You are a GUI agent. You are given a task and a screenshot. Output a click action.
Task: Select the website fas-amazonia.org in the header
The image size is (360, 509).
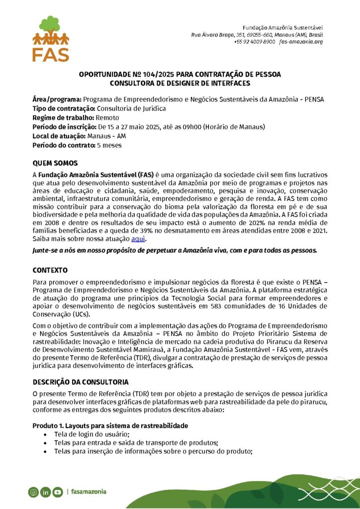click(x=301, y=42)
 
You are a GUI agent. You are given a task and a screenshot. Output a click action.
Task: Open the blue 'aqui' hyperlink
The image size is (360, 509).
click(x=138, y=239)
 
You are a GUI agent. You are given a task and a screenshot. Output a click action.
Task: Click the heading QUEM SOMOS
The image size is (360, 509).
click(x=55, y=163)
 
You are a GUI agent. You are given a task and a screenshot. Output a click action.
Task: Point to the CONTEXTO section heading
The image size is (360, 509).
click(x=50, y=270)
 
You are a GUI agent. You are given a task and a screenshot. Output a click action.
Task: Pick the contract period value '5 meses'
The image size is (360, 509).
click(x=109, y=145)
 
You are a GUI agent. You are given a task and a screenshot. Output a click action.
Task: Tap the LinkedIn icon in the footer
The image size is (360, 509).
click(x=45, y=492)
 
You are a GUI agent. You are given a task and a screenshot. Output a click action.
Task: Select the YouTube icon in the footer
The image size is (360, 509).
click(x=58, y=492)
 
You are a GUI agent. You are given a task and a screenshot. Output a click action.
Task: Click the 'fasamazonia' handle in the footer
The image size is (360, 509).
click(x=89, y=492)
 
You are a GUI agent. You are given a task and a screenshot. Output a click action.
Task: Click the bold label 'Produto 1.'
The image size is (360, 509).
click(x=48, y=426)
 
